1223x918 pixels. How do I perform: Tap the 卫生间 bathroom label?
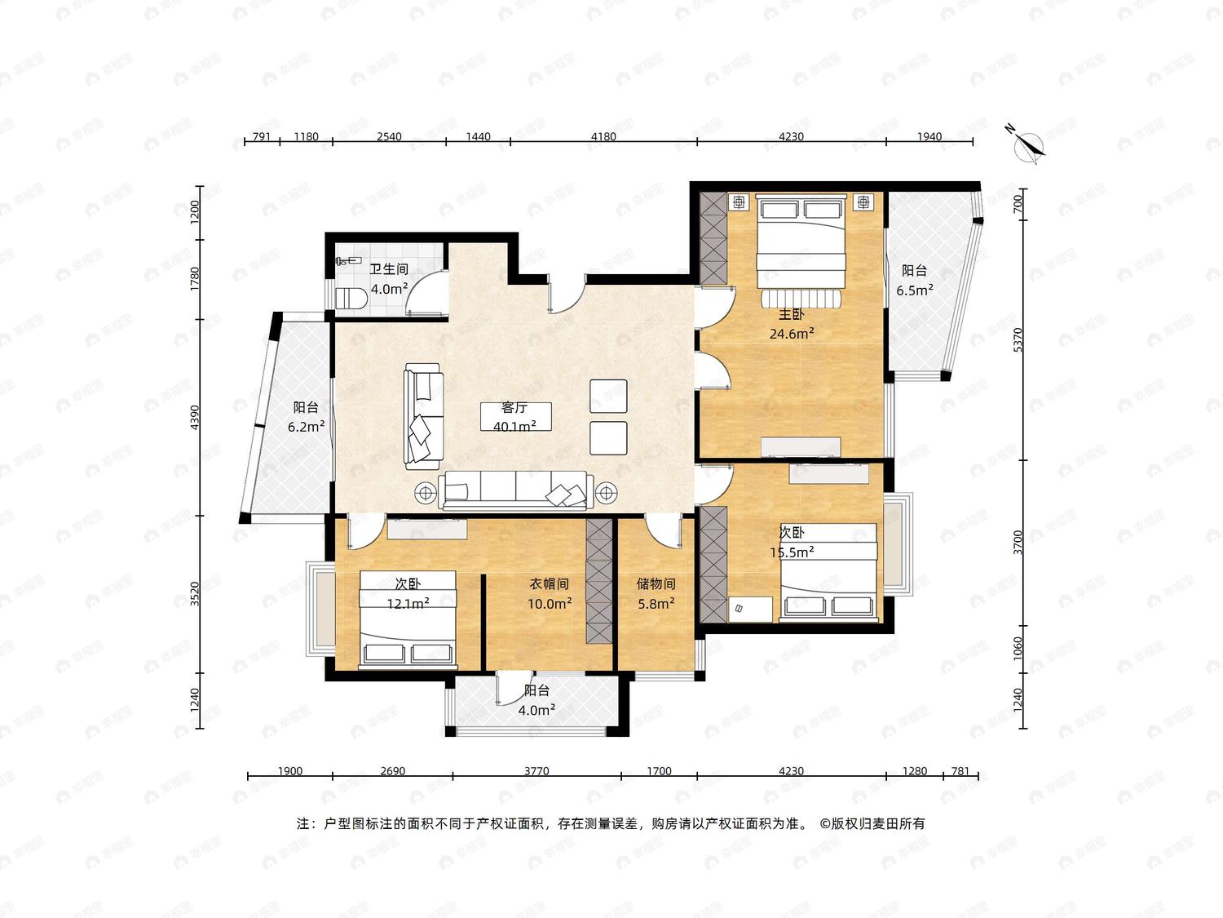click(389, 269)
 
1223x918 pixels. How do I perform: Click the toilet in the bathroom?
click(351, 299)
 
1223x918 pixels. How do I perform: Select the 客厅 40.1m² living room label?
click(514, 417)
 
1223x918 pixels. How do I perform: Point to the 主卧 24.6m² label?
click(792, 324)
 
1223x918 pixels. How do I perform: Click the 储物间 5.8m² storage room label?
click(656, 593)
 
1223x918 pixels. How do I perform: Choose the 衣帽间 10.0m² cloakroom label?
click(550, 593)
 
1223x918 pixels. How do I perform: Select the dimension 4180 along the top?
click(603, 136)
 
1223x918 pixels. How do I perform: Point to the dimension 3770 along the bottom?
click(536, 771)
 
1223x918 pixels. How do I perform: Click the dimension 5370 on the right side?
click(1018, 339)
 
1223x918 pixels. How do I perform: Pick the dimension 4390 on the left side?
click(194, 417)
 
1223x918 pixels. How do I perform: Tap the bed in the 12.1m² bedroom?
click(408, 619)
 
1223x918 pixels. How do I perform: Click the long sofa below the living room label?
click(513, 490)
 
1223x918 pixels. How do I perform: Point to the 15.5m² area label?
click(792, 552)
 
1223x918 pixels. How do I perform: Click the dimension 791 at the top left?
click(262, 136)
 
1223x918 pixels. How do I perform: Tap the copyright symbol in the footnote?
click(824, 823)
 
